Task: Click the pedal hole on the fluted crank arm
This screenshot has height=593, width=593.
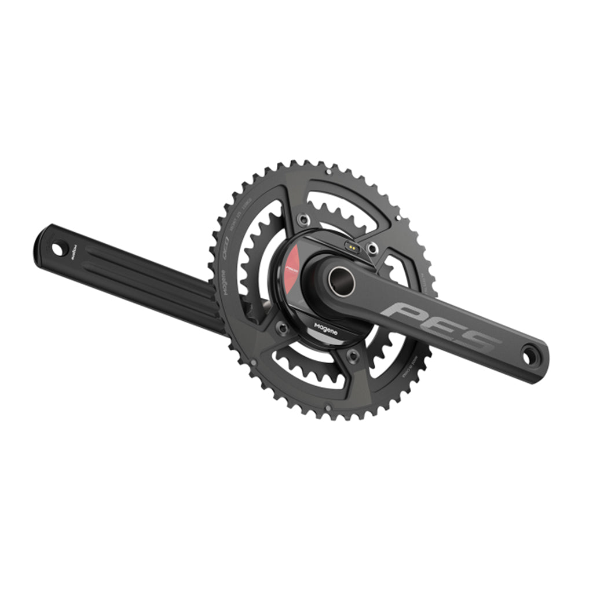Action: [x=57, y=249]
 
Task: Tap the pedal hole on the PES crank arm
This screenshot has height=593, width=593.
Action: [x=528, y=354]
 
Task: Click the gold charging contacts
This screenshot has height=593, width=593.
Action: [x=351, y=246]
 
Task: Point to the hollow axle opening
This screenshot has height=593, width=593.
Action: [x=341, y=281]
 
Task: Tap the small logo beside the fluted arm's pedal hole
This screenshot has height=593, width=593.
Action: [x=75, y=253]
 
